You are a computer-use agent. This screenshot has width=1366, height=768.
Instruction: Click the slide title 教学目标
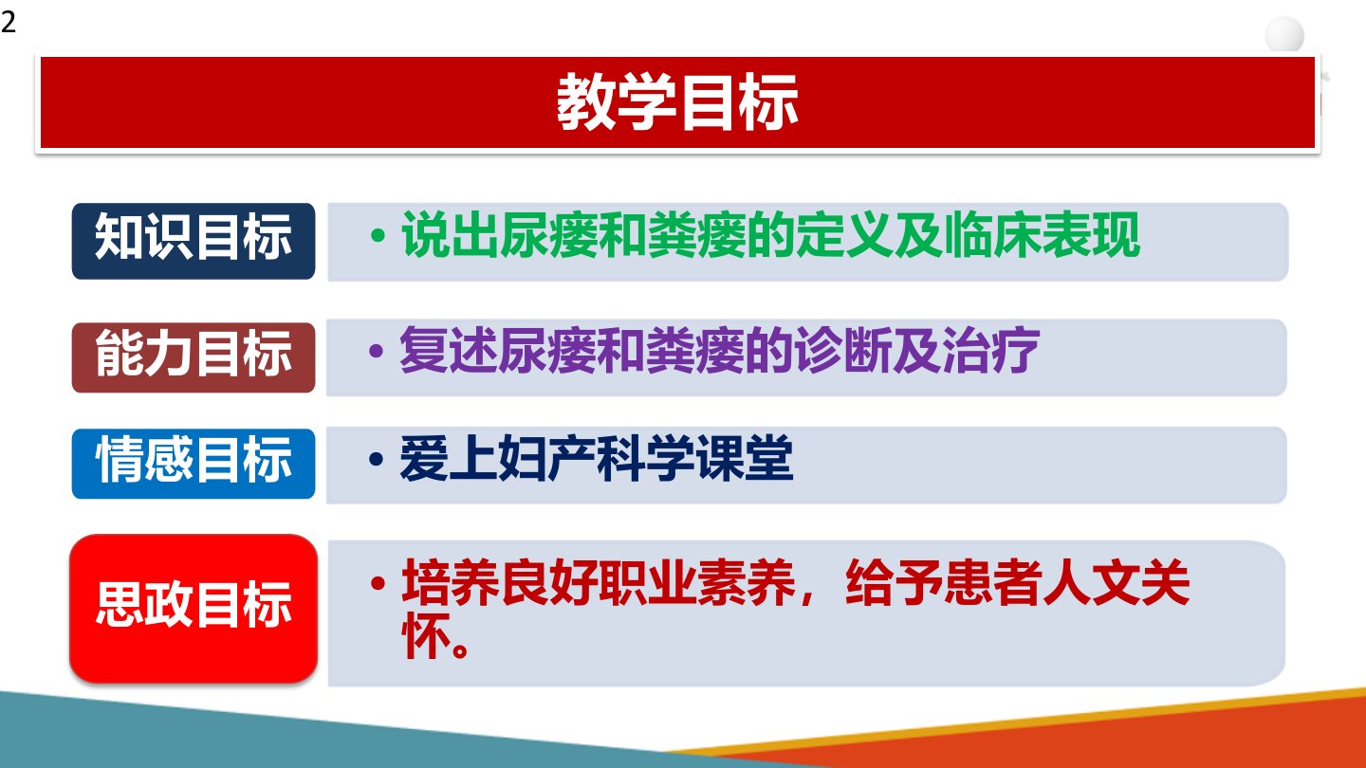click(x=677, y=101)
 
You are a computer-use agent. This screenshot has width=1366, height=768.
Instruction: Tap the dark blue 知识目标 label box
click(x=194, y=242)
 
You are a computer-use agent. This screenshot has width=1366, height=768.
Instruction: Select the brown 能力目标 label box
click(x=194, y=357)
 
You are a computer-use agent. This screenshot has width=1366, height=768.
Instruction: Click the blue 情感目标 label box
click(x=194, y=464)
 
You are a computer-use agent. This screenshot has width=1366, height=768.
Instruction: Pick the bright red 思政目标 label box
click(x=194, y=609)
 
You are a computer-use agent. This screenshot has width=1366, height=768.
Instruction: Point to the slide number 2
click(x=9, y=23)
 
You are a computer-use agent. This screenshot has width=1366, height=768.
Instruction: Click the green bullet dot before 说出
click(x=378, y=235)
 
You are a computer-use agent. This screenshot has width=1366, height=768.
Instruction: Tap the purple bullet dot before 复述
click(x=377, y=351)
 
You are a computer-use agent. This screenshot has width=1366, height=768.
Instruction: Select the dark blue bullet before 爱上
click(x=377, y=459)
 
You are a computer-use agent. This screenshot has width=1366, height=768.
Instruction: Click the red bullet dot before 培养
click(x=378, y=583)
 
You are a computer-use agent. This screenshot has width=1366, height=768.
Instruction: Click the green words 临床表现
click(x=1042, y=235)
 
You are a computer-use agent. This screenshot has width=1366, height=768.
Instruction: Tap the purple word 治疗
click(x=991, y=350)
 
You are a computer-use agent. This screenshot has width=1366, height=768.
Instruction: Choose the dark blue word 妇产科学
click(x=596, y=458)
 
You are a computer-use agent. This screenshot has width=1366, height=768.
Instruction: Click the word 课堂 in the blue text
click(x=744, y=458)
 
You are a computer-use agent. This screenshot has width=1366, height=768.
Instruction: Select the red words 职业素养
click(x=697, y=583)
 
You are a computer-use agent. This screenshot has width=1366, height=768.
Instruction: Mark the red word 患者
click(x=992, y=583)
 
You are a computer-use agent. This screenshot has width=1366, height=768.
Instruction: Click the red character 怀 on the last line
click(x=426, y=635)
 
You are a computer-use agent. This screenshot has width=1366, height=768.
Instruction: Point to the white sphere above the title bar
click(x=1284, y=35)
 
